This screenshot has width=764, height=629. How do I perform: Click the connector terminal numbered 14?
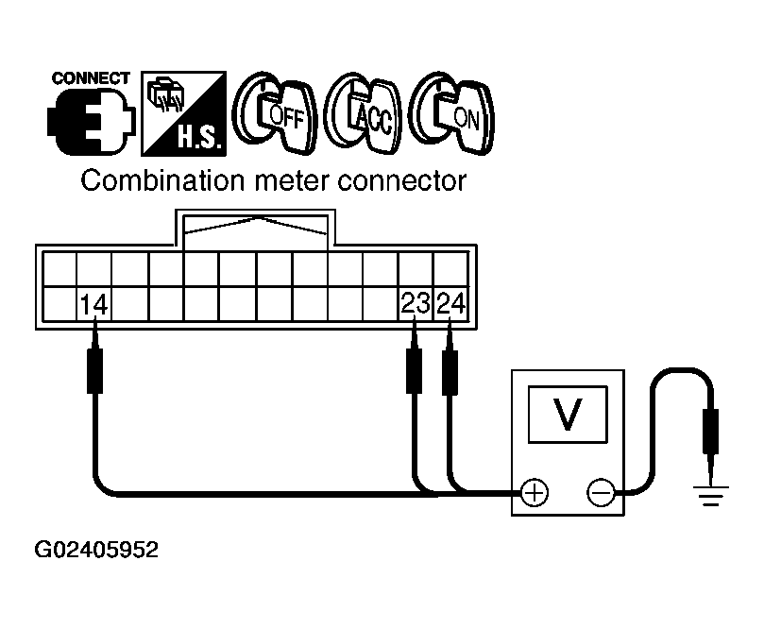tap(94, 304)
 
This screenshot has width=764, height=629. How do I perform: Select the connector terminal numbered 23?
tap(416, 304)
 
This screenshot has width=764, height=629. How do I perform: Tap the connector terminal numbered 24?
tap(451, 304)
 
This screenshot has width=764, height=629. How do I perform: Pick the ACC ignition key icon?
tap(363, 113)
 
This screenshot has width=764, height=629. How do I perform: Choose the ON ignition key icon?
tap(451, 113)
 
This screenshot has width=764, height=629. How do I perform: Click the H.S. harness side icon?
tap(184, 113)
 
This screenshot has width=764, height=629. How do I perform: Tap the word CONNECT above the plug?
tap(91, 78)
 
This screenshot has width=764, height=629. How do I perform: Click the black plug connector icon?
tap(91, 122)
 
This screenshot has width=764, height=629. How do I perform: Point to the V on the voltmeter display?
tap(568, 414)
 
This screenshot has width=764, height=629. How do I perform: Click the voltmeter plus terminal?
tap(535, 493)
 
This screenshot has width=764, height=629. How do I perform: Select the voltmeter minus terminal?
tap(601, 493)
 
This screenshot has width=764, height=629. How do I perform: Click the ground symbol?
tap(711, 496)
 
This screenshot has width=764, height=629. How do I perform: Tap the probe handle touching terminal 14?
tap(94, 370)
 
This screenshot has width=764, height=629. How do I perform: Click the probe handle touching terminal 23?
tap(415, 370)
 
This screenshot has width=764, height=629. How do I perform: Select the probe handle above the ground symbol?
tap(711, 432)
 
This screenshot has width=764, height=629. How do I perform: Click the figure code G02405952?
tap(96, 550)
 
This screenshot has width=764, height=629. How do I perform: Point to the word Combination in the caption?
tap(162, 180)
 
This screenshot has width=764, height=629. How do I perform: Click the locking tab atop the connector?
tap(255, 229)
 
